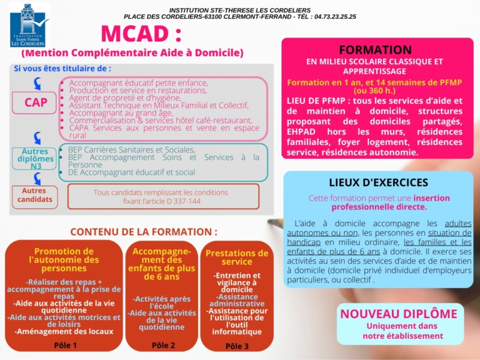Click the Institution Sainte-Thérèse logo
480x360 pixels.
coord(29,26)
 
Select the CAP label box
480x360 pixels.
coord(36,102)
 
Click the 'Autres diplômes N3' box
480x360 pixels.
coord(35,159)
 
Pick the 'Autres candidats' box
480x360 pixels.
coord(35,196)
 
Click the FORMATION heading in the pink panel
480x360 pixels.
coord(375,49)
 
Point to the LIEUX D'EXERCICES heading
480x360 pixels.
coord(379,182)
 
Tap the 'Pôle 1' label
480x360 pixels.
coord(66,344)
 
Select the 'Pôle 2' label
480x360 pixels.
coord(164,344)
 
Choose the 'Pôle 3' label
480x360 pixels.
coord(237,346)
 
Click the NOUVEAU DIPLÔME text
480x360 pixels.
coord(398,314)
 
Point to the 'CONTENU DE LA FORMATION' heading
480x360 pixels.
coord(144,231)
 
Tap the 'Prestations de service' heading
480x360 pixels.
coord(237,257)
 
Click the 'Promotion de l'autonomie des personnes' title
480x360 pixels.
coord(66,259)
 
